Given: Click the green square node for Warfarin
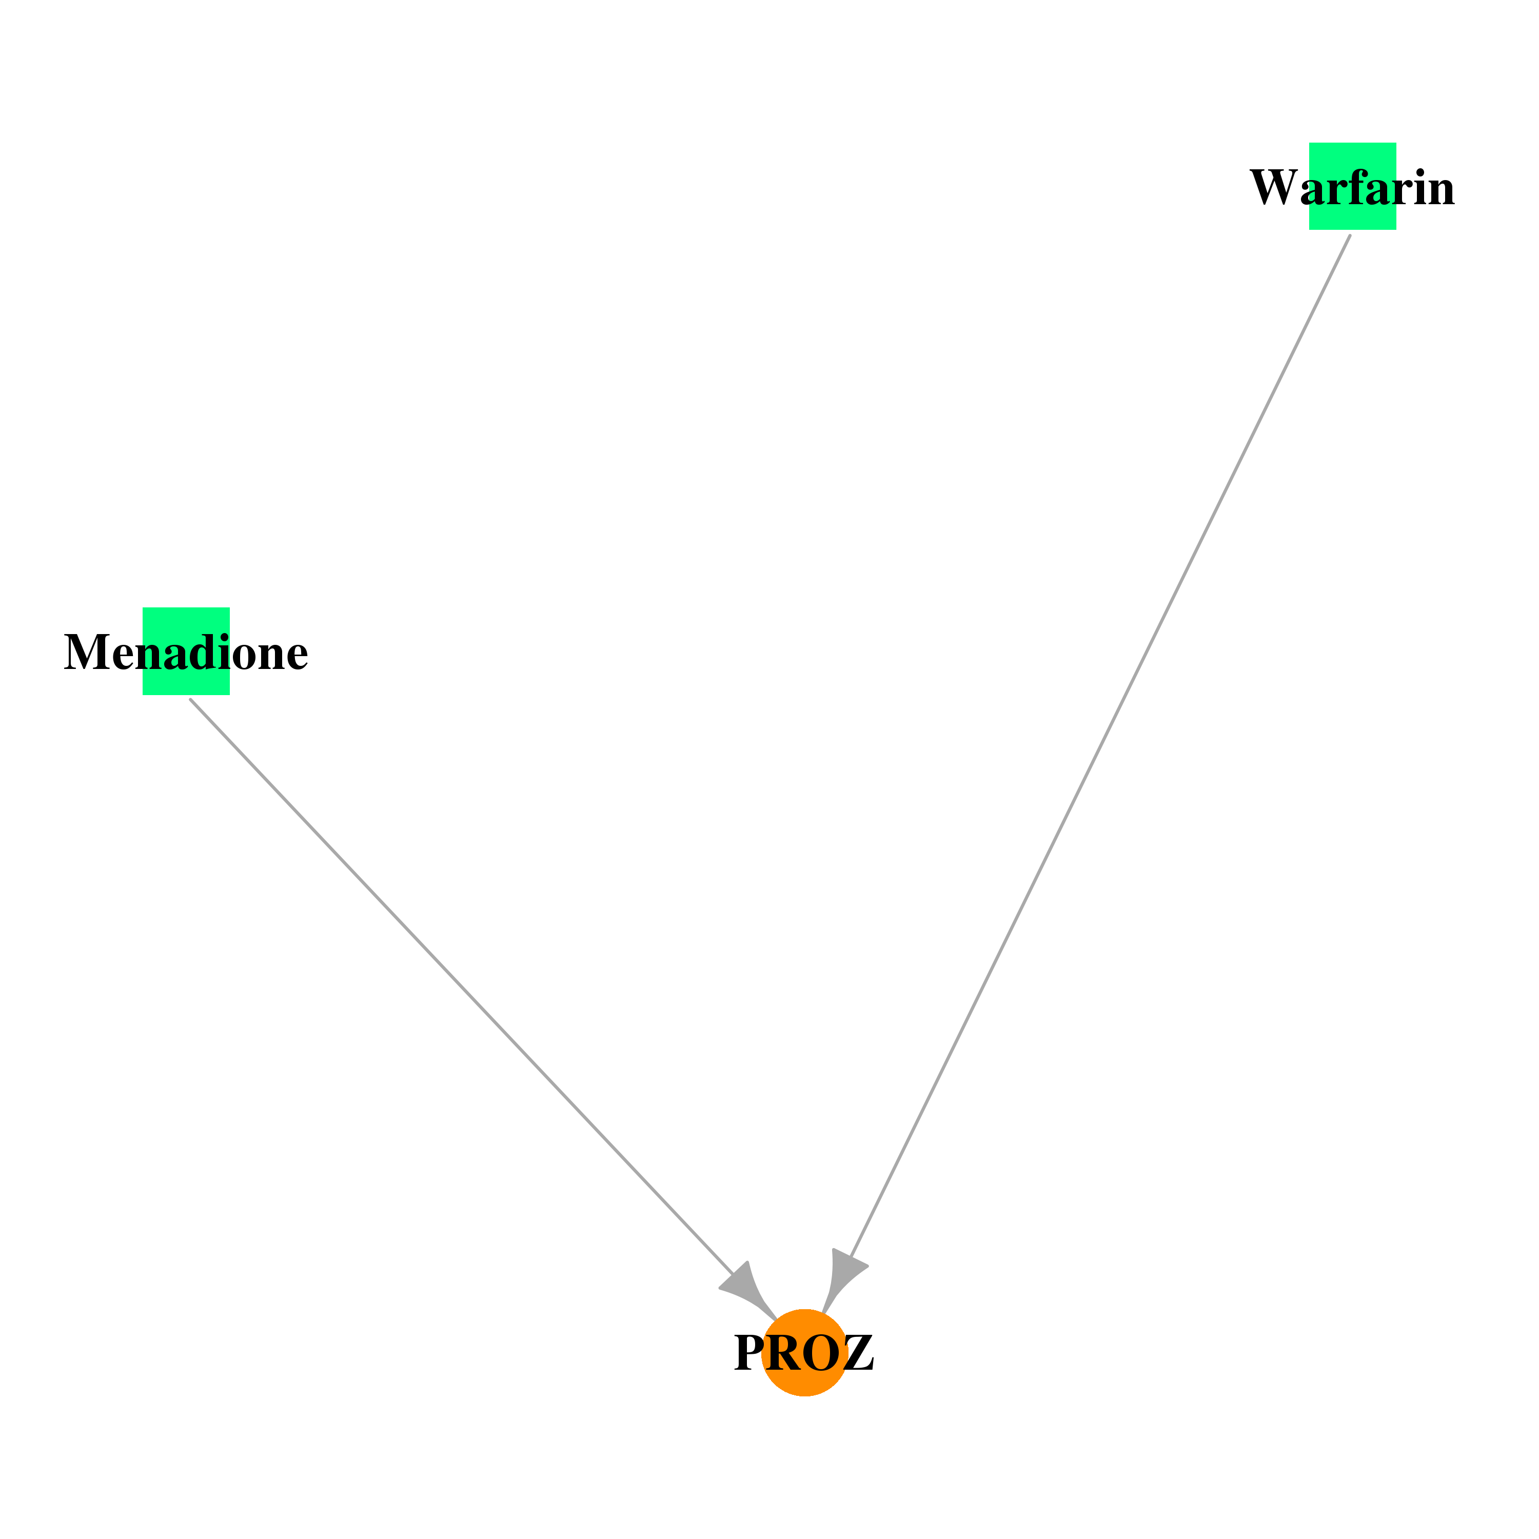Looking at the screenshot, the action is tap(1353, 186).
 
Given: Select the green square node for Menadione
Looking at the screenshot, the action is tap(186, 652).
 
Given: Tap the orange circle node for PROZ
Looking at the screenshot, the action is tap(804, 1353).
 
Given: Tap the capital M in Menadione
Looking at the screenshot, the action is tap(87, 653).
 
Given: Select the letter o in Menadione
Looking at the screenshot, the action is tap(244, 659).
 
